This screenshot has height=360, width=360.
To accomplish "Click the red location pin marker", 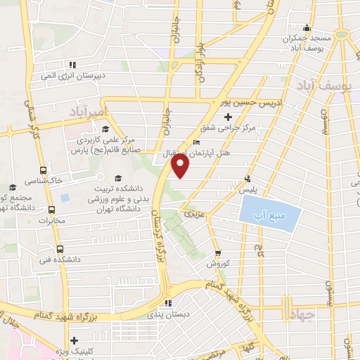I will tap(181, 165).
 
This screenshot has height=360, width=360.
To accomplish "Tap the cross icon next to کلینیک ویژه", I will tap(74, 340).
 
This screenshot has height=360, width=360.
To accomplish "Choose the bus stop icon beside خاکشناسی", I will tap(44, 169).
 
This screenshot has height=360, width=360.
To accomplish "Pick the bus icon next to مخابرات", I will tap(51, 209).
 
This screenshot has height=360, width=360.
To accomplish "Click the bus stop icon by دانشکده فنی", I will tap(59, 248).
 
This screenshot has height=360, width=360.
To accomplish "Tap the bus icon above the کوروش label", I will tap(218, 253).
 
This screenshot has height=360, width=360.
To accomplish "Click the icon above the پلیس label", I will tap(247, 178).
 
